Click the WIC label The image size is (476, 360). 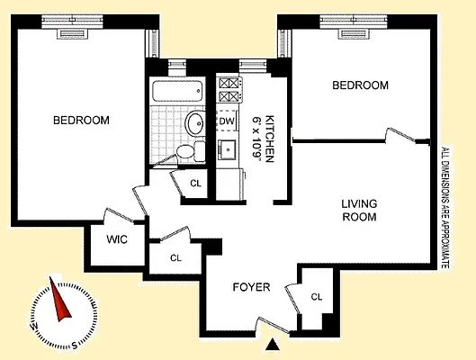[115, 240]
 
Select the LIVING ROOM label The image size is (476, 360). [358, 211]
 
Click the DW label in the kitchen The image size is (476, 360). [226, 121]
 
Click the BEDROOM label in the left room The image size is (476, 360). [81, 120]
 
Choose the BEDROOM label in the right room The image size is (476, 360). [360, 85]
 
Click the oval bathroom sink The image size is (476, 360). [193, 122]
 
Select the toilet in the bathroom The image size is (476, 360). [185, 151]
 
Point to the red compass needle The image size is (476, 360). [62, 302]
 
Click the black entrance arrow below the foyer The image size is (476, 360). [274, 343]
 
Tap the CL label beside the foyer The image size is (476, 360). [316, 296]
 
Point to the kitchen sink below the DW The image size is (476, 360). [227, 149]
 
